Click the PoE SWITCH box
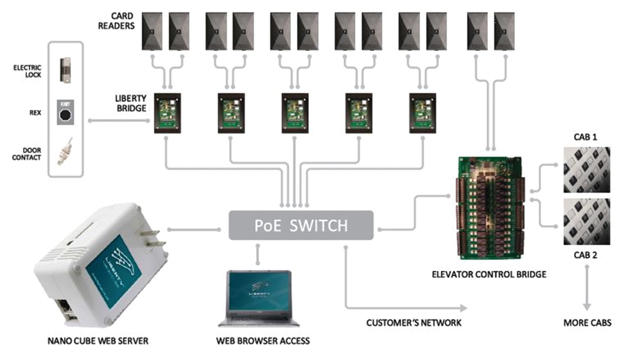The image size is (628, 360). [301, 226]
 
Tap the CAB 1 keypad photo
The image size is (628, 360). [587, 169]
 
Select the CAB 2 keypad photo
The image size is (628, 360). [587, 222]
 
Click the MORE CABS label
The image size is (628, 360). [587, 323]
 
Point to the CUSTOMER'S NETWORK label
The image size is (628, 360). [414, 323]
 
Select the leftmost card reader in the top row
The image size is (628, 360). [152, 31]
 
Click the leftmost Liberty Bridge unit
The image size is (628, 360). [168, 112]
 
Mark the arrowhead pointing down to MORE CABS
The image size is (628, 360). [588, 306]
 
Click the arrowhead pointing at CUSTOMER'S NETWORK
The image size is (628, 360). [464, 308]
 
